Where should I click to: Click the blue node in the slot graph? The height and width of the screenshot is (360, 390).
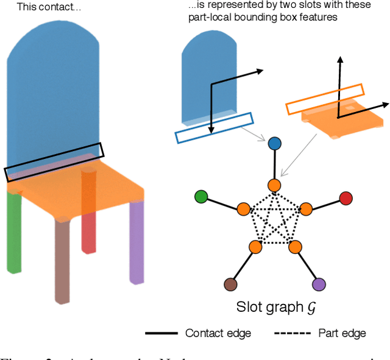(274, 144)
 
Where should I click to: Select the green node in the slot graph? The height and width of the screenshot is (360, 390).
(201, 197)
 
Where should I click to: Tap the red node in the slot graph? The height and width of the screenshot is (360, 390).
(346, 198)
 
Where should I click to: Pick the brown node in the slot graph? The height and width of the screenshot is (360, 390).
(230, 283)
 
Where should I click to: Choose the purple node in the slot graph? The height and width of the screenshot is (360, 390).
(319, 283)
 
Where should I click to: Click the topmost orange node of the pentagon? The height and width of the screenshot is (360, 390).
(274, 185)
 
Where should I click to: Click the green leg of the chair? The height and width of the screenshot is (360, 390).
(13, 231)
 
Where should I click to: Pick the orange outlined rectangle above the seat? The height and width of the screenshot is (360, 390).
(325, 99)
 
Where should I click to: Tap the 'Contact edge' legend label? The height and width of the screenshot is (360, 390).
(218, 333)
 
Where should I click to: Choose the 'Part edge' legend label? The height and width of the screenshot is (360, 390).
(342, 333)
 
